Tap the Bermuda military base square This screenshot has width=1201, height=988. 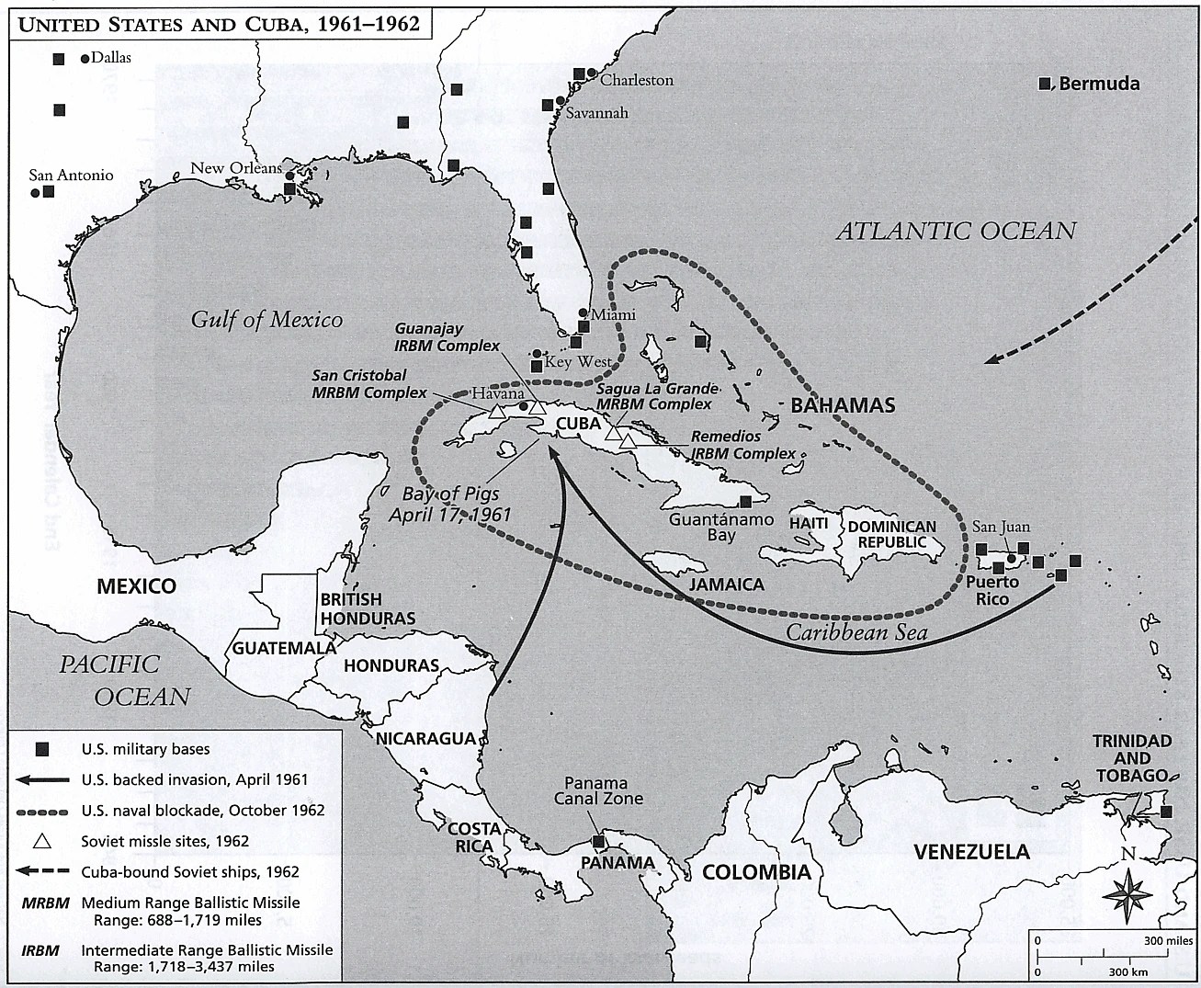click(x=1045, y=84)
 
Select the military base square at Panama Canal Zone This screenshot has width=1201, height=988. click(x=599, y=840)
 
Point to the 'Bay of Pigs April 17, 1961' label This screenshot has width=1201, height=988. click(x=449, y=504)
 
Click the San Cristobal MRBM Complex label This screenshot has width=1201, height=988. click(x=369, y=384)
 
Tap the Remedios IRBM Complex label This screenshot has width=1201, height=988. click(x=743, y=445)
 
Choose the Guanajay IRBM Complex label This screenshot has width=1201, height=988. click(x=448, y=336)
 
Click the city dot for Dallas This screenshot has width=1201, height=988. click(x=85, y=59)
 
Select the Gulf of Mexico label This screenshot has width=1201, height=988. click(x=266, y=319)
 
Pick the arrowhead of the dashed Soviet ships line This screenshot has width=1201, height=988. click(x=991, y=358)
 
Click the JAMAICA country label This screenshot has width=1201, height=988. click(x=726, y=585)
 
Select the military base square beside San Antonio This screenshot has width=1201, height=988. click(x=49, y=192)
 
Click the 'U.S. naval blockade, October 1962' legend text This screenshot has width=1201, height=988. click(x=202, y=811)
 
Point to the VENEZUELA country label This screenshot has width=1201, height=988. click(x=971, y=851)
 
